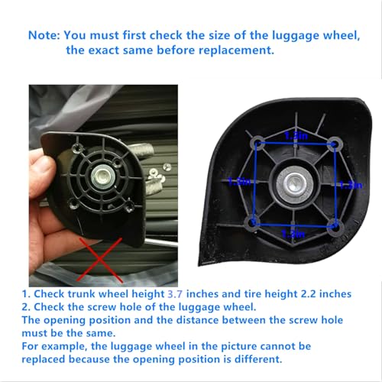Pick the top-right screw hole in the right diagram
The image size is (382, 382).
click(x=333, y=142)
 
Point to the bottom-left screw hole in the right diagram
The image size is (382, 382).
click(x=253, y=222)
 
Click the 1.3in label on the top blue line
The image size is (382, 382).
click(x=295, y=135)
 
